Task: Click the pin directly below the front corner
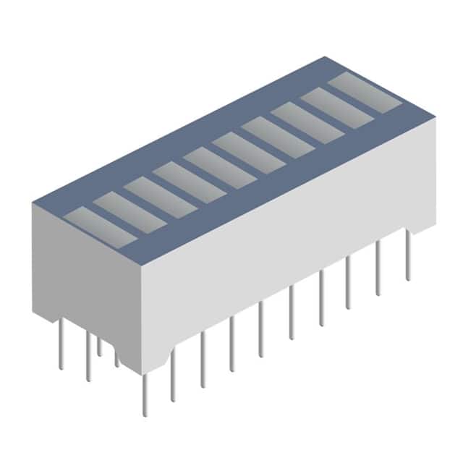point(144,394)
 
